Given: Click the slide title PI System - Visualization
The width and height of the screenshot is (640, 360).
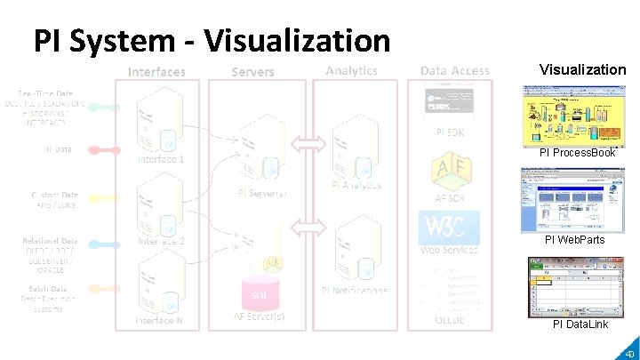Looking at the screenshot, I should pyautogui.click(x=212, y=40).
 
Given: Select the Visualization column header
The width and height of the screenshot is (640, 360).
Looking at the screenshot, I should pyautogui.click(x=582, y=69).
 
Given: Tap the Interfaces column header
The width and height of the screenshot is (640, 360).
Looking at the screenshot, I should pyautogui.click(x=156, y=71).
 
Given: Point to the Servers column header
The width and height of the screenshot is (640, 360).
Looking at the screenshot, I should pyautogui.click(x=253, y=71).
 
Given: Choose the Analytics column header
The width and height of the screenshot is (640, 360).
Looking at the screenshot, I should pyautogui.click(x=352, y=70).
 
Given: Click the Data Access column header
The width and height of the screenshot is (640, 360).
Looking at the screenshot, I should pyautogui.click(x=454, y=71).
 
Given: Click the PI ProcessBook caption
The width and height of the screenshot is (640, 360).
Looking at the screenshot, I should pyautogui.click(x=577, y=153).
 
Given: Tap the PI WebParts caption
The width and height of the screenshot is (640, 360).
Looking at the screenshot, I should pyautogui.click(x=574, y=240).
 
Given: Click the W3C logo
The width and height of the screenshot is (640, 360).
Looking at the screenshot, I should pyautogui.click(x=449, y=228).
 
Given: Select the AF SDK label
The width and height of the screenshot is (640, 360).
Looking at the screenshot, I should pyautogui.click(x=450, y=198).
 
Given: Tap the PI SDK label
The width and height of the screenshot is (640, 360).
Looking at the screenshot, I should pyautogui.click(x=450, y=132).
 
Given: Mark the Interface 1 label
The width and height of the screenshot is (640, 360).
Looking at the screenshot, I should pyautogui.click(x=160, y=160).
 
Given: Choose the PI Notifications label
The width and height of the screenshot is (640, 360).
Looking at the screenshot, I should pyautogui.click(x=355, y=291).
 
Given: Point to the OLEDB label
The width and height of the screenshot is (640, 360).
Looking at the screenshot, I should pyautogui.click(x=450, y=321).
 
